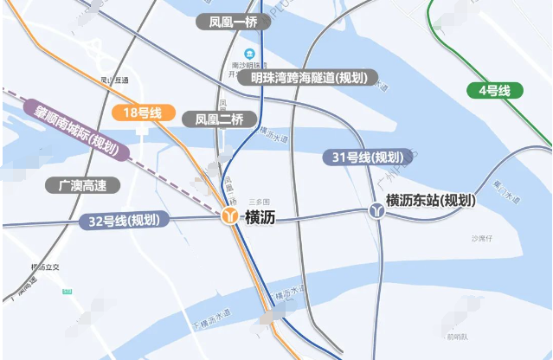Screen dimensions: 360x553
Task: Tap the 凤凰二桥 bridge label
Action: tap(219, 119)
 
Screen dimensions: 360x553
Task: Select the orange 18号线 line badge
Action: tap(144, 112)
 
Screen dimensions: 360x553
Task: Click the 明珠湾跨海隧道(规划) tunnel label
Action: tap(309, 78)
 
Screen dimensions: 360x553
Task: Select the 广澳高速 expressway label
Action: tap(83, 185)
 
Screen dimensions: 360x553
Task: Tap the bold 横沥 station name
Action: tap(261, 217)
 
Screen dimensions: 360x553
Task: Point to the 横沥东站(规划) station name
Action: tap(430, 200)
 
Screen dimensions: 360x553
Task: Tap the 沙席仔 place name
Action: tap(481, 238)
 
